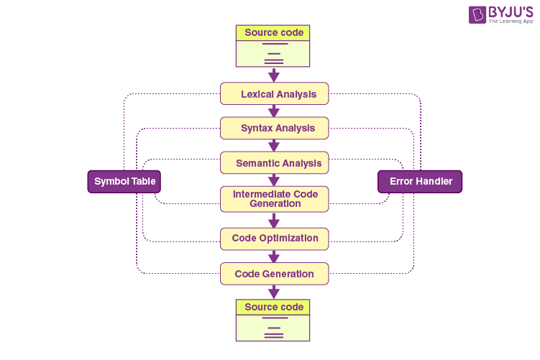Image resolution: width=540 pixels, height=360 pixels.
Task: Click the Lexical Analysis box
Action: tap(274, 94)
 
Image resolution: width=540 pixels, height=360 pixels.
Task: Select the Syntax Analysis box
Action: tap(274, 129)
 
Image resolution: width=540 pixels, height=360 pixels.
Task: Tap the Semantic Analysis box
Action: tap(274, 163)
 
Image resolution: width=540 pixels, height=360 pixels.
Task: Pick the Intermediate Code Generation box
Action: tap(274, 198)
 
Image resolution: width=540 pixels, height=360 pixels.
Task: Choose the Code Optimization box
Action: tap(274, 239)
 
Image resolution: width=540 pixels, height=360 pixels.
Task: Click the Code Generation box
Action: tap(274, 274)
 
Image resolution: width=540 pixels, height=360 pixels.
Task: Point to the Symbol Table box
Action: tap(124, 182)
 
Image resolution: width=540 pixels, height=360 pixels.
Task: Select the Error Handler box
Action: tap(420, 182)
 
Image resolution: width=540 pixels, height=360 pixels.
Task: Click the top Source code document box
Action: tap(273, 45)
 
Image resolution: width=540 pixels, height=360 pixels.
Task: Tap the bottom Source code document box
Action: tap(273, 320)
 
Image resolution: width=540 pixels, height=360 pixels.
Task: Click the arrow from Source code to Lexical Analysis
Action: tap(273, 75)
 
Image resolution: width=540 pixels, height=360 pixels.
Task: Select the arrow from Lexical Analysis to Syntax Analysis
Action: tap(273, 111)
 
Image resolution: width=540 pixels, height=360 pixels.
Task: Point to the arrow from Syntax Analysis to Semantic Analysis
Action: tap(273, 146)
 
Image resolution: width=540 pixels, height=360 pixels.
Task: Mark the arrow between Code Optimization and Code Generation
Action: tap(273, 257)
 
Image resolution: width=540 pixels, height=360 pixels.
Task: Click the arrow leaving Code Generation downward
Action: tap(273, 292)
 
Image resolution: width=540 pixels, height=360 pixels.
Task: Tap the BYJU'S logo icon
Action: tap(477, 15)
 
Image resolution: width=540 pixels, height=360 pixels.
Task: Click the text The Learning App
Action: tap(511, 22)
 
